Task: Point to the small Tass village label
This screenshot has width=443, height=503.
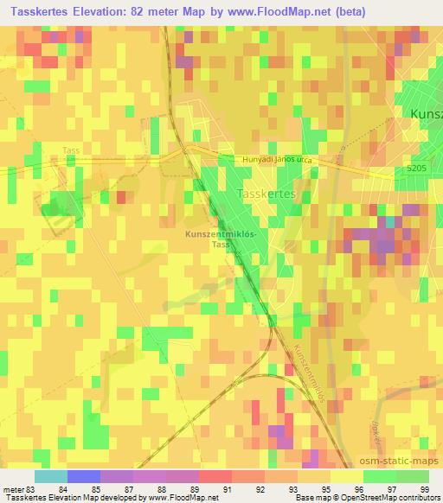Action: point(71,150)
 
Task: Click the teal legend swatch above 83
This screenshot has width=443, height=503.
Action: point(50,476)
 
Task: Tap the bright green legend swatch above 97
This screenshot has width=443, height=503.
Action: point(378,476)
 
